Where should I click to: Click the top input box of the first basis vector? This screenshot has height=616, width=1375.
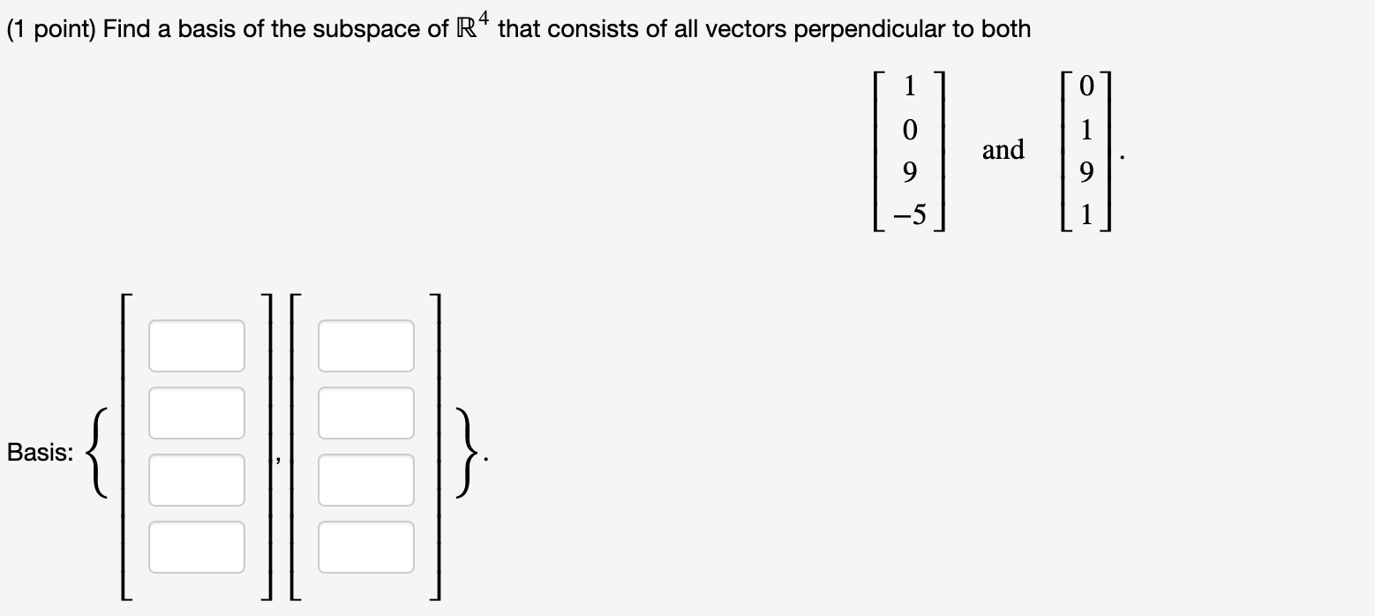[x=196, y=346]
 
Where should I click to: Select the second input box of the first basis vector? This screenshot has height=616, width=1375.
[x=196, y=413]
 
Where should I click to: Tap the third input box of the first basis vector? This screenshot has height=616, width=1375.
[x=196, y=480]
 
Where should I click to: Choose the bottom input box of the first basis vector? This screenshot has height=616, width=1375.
[x=196, y=547]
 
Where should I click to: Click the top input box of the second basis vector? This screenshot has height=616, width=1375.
[x=365, y=346]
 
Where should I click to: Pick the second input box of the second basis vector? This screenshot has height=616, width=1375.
[x=365, y=413]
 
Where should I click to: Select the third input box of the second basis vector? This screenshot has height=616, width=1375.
[x=365, y=480]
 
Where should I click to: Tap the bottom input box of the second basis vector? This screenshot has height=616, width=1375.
[x=365, y=547]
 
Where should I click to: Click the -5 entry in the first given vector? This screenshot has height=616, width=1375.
[x=908, y=214]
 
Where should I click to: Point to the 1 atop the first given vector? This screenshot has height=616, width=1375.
[x=911, y=86]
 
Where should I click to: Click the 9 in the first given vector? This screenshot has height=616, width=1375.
[x=911, y=171]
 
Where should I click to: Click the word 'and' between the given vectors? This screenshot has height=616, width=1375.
[x=1003, y=150]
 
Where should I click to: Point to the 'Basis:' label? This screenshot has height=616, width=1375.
[x=40, y=454]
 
